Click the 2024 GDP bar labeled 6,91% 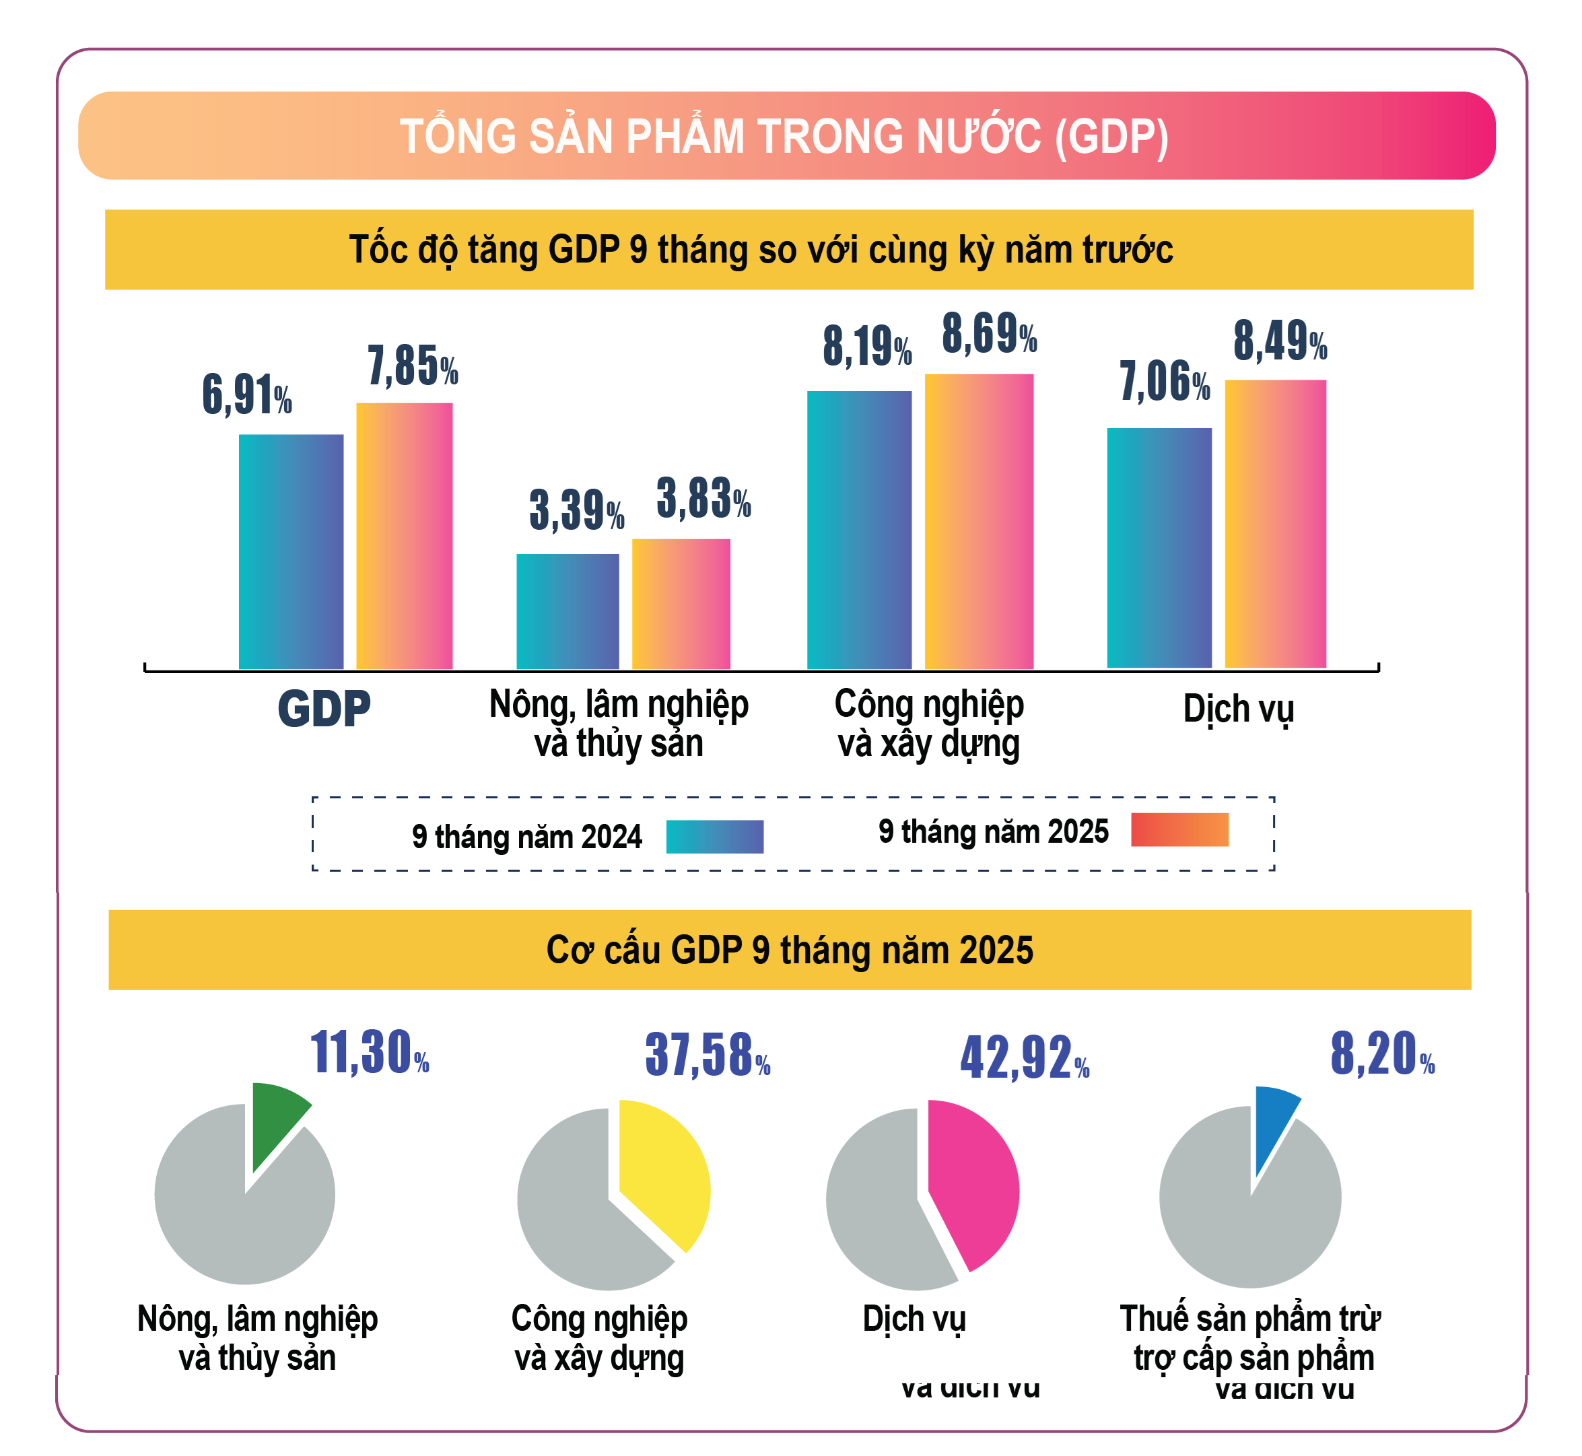tap(291, 551)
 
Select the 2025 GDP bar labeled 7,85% tap(404, 536)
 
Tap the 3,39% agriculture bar tap(568, 611)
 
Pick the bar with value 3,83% tap(681, 604)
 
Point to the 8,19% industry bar tap(859, 530)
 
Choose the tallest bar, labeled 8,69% tap(979, 522)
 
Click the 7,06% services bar tap(1159, 547)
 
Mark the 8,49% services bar tap(1275, 524)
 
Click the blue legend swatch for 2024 tap(714, 837)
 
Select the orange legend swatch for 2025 tap(1179, 829)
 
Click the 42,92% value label tap(1023, 1058)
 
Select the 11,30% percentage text tap(369, 1053)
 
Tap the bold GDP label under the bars tap(324, 708)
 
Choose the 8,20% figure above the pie tap(1382, 1054)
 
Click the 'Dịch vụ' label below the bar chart tap(1238, 709)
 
